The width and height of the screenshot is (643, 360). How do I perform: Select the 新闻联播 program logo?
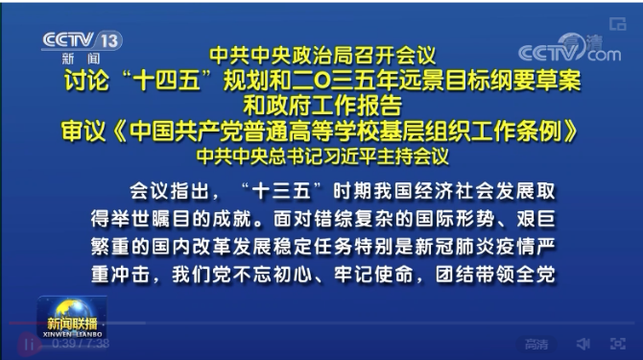(x=72, y=318)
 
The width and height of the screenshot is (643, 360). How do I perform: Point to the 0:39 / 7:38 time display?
(x=81, y=344)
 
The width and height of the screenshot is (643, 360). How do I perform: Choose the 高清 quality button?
(x=536, y=344)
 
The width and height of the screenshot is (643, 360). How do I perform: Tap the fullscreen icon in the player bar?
(x=615, y=344)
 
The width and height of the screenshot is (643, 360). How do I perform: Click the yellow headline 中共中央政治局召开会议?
(x=321, y=57)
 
